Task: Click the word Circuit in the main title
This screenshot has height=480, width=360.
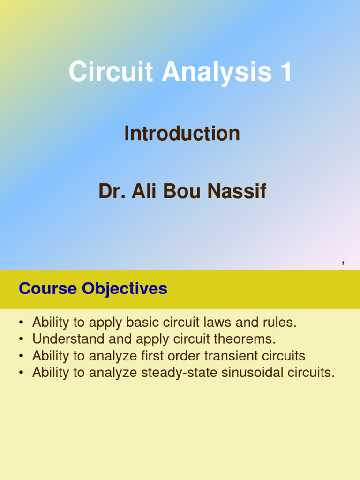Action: coord(111,73)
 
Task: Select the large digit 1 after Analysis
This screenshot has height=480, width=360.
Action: coord(285,73)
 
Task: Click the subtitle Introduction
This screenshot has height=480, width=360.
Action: coord(182,134)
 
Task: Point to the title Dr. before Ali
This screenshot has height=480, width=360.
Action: coord(111,192)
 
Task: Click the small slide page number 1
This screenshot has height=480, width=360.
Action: coord(343,263)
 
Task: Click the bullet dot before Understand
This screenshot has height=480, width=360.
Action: coord(22,339)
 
